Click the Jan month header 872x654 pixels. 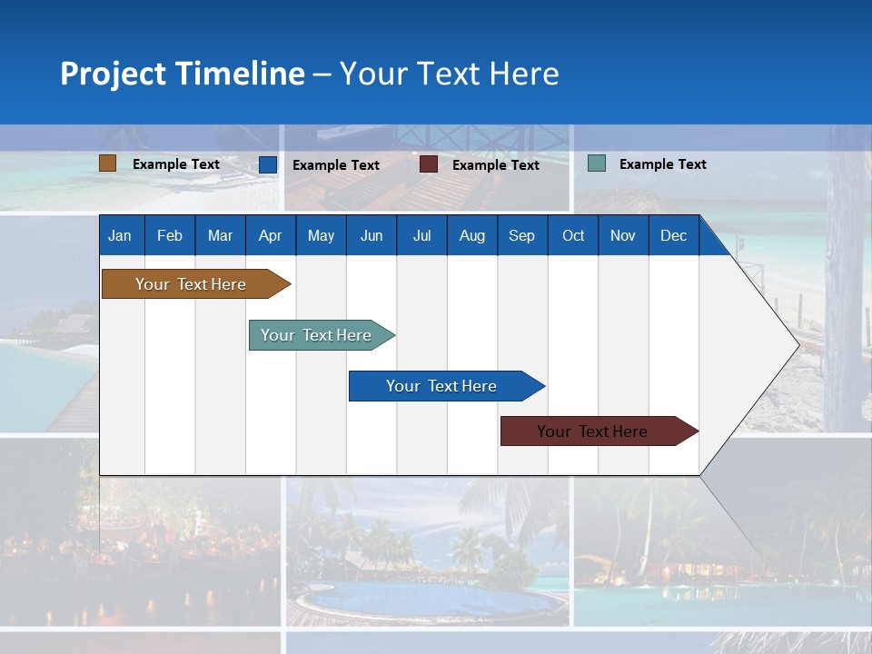[x=120, y=236]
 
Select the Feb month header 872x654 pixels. [x=170, y=236]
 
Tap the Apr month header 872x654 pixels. [x=271, y=236]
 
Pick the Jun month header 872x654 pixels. [x=372, y=236]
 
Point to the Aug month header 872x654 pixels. [x=472, y=236]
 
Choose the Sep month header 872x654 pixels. [x=522, y=236]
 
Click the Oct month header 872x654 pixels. [x=573, y=236]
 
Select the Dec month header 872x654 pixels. [x=674, y=236]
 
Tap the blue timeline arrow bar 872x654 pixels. [x=442, y=386]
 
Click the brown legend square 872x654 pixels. [x=108, y=163]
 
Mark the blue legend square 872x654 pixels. [x=268, y=164]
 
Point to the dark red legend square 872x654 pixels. [x=429, y=164]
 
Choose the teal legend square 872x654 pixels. [x=597, y=163]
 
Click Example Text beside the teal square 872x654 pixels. [x=663, y=164]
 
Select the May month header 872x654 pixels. [x=321, y=236]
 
